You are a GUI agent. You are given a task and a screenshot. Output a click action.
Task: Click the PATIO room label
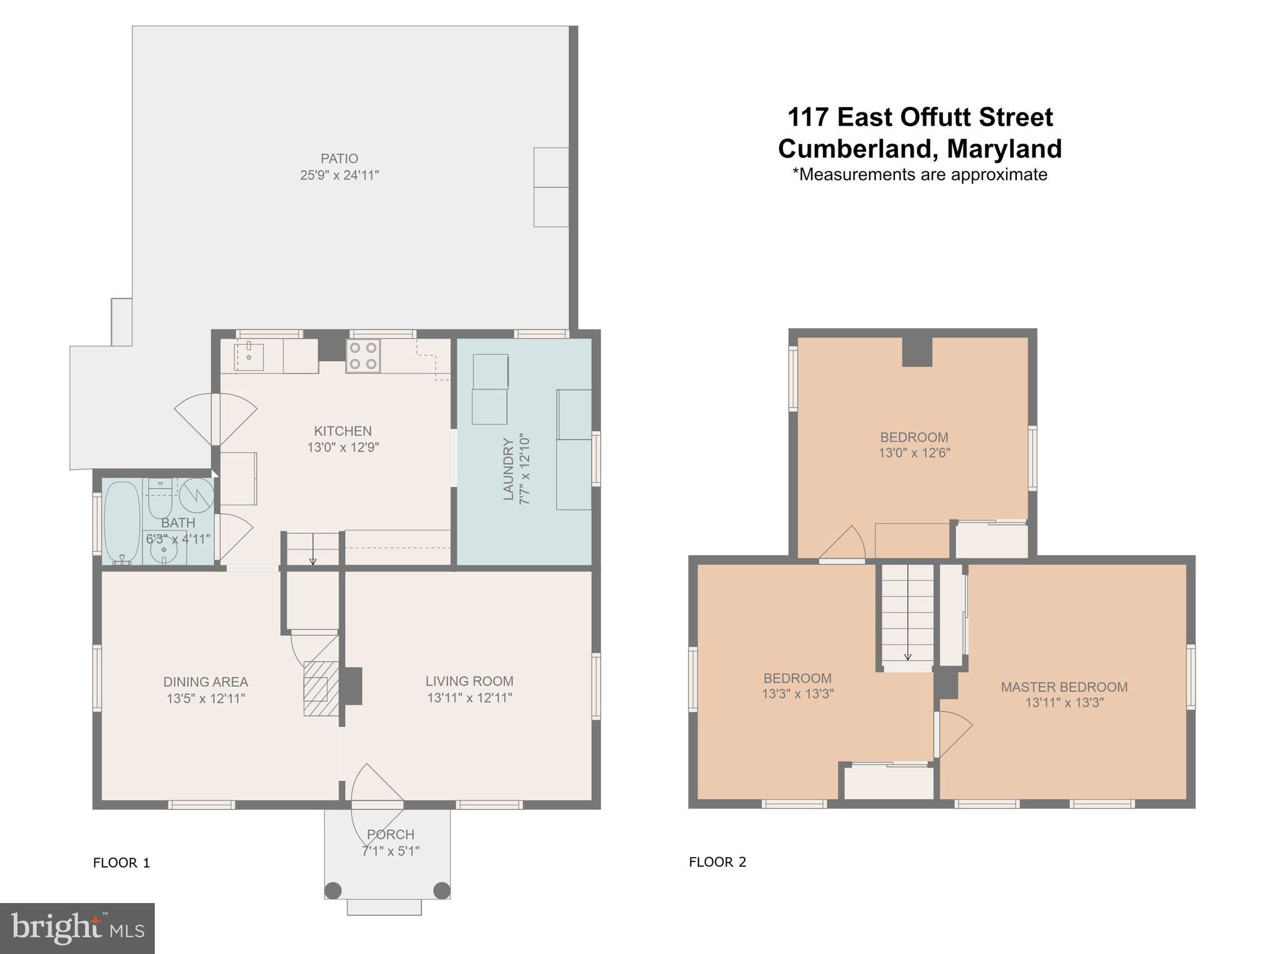coord(339,158)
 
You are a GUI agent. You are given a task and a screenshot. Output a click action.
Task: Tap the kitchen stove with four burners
coord(363,356)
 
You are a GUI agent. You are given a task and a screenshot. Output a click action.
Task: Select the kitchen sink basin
coord(249,356)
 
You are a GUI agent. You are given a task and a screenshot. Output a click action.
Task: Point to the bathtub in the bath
coord(122,522)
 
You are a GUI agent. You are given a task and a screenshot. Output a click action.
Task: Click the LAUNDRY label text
coord(508,469)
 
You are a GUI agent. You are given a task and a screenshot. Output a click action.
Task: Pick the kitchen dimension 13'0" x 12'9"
coord(342,447)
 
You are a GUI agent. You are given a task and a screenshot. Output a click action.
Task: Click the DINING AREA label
coord(206,682)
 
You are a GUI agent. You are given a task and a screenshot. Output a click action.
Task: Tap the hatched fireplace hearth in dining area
coord(320,689)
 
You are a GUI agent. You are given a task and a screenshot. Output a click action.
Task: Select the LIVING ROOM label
coord(469,681)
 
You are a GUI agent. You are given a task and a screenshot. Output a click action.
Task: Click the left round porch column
coord(333,890)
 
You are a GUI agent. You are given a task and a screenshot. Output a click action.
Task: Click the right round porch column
coord(441,890)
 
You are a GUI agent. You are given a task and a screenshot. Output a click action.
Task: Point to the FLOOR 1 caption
coord(121,863)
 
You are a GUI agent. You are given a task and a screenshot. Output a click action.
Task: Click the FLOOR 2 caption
coord(717,862)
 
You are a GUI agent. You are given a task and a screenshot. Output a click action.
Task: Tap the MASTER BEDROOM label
coord(1064,687)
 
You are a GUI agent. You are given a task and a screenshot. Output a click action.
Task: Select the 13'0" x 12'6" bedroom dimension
coord(914,453)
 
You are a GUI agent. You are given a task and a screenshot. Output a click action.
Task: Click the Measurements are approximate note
coord(920,175)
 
